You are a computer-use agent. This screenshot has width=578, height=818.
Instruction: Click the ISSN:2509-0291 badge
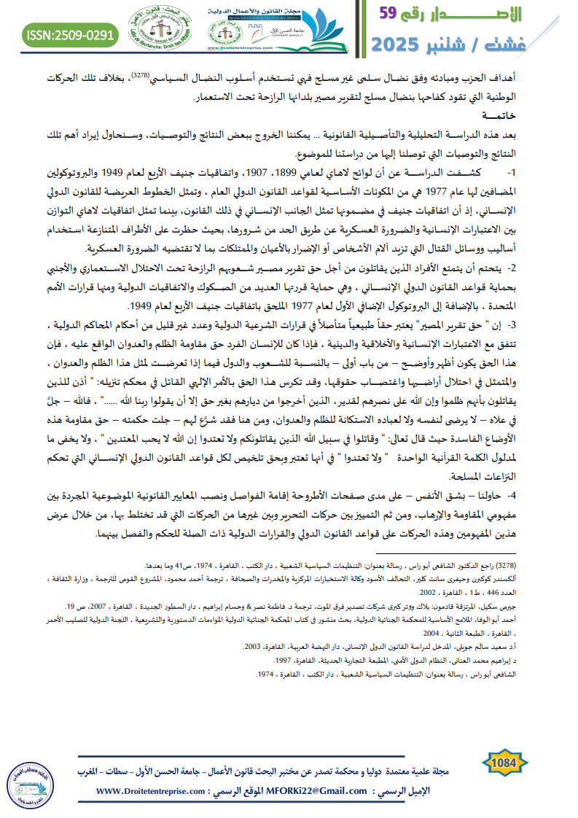point(70,34)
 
